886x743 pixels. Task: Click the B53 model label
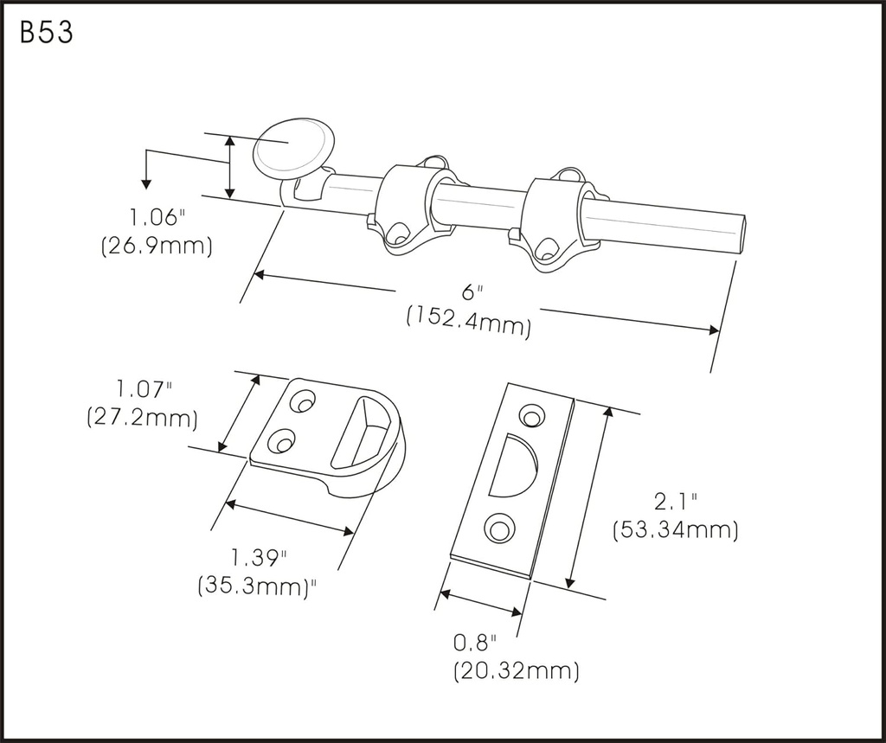tap(46, 33)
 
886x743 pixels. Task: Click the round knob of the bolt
tap(292, 148)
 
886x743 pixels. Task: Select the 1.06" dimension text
tap(151, 217)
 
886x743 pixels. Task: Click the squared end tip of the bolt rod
tap(737, 233)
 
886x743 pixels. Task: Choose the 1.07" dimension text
tap(144, 388)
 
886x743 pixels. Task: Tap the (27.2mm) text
tap(142, 419)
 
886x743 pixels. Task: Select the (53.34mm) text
tap(675, 529)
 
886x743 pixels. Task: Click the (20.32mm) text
tap(516, 670)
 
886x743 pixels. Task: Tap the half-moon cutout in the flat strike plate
tap(510, 467)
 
